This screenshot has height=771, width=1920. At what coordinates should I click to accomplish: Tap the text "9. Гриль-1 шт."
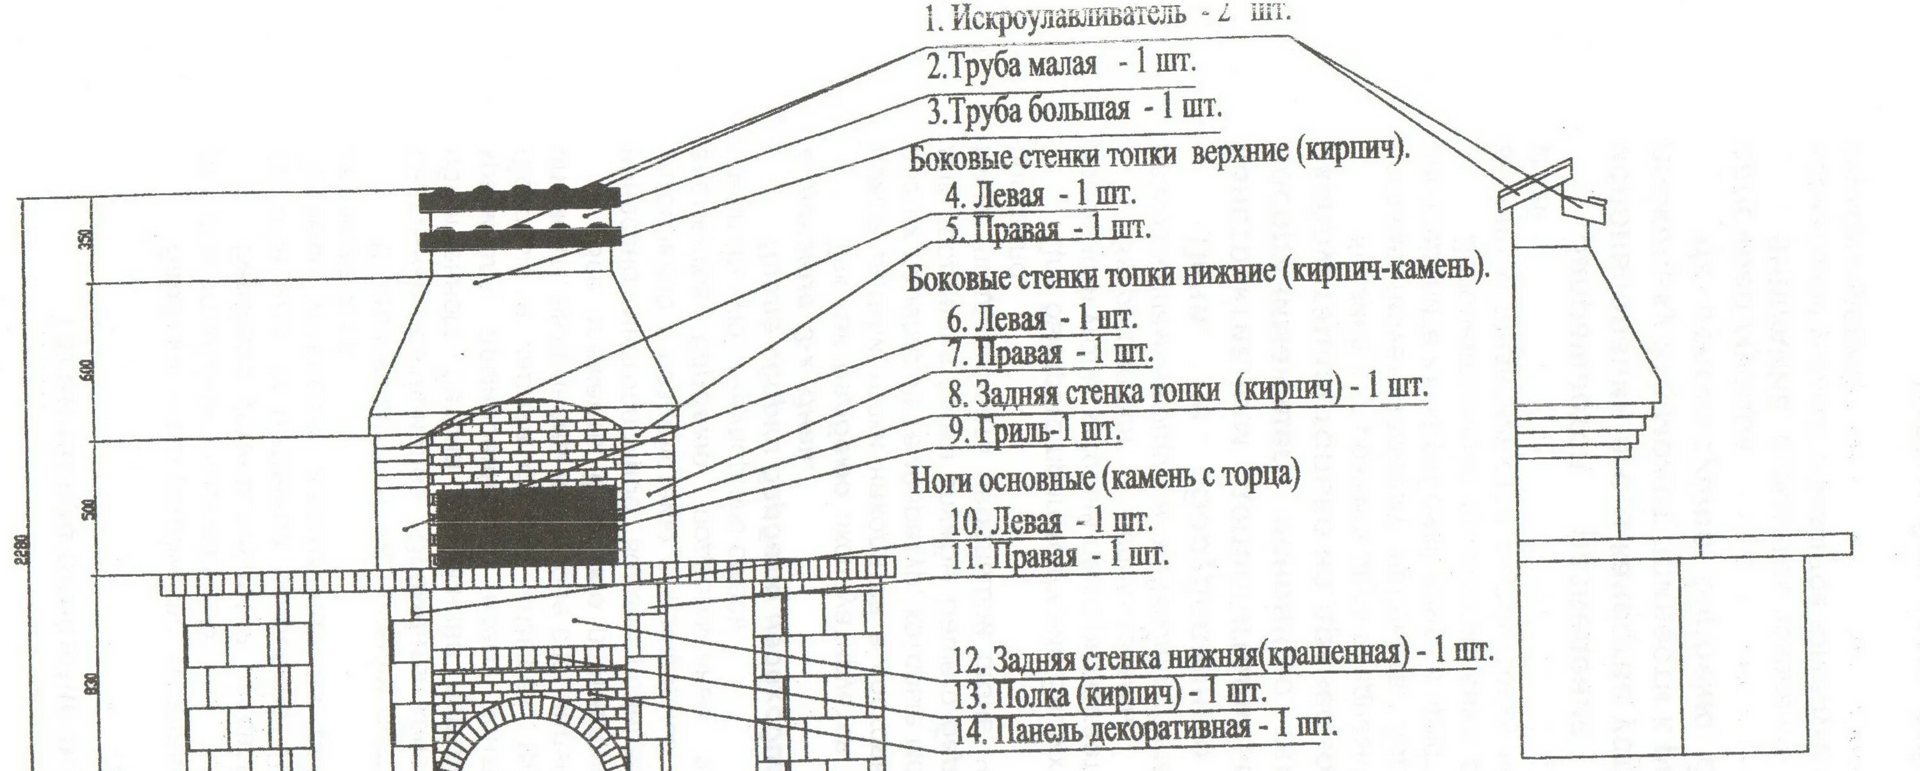[1034, 432]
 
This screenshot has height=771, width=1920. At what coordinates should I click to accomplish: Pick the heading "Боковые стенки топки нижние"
[1196, 277]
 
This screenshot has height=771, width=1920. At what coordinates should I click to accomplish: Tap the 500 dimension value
[92, 508]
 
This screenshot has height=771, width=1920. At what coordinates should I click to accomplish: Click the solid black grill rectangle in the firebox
[526, 526]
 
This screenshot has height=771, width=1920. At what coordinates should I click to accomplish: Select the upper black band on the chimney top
[519, 200]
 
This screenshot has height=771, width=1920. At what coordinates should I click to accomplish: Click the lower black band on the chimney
[519, 239]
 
